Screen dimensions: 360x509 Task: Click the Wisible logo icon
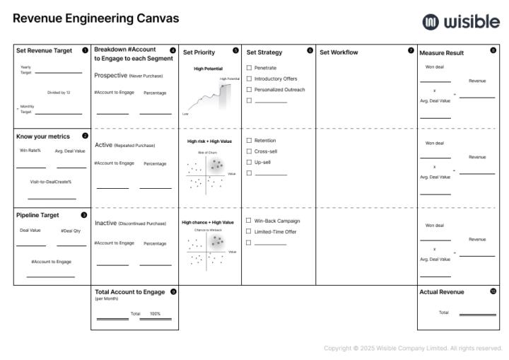point(431,22)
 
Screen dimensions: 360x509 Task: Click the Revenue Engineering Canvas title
point(95,19)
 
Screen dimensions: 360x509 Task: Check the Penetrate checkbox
point(249,68)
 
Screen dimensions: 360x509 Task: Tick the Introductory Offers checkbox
point(249,79)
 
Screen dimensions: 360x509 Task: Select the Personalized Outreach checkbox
point(249,90)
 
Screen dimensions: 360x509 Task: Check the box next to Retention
point(249,141)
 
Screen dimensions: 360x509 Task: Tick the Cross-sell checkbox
point(249,151)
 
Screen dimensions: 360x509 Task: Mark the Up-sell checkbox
point(249,162)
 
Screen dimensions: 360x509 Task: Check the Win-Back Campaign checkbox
point(249,221)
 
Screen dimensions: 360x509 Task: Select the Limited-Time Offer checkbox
point(249,231)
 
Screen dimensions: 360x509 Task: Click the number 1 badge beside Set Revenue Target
point(85,50)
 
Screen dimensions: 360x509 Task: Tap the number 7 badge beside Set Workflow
point(411,50)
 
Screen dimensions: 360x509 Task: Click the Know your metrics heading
point(43,137)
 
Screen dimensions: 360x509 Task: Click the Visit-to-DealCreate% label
point(51,182)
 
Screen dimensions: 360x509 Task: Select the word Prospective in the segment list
point(110,75)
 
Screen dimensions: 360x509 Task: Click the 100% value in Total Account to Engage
point(155,313)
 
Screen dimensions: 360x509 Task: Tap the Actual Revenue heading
point(442,292)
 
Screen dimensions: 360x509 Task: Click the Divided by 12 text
point(59,93)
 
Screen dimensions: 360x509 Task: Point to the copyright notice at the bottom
point(413,348)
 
